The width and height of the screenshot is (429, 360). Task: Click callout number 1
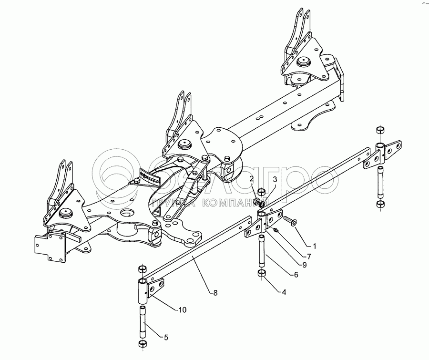(314, 247)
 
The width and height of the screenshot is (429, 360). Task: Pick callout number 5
(166, 338)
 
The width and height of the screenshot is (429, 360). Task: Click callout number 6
(296, 275)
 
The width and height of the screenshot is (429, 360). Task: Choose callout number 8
(215, 292)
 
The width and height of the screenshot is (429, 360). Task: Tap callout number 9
(304, 265)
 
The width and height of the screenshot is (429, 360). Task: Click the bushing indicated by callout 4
(261, 274)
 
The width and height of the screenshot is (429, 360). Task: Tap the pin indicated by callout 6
(262, 251)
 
